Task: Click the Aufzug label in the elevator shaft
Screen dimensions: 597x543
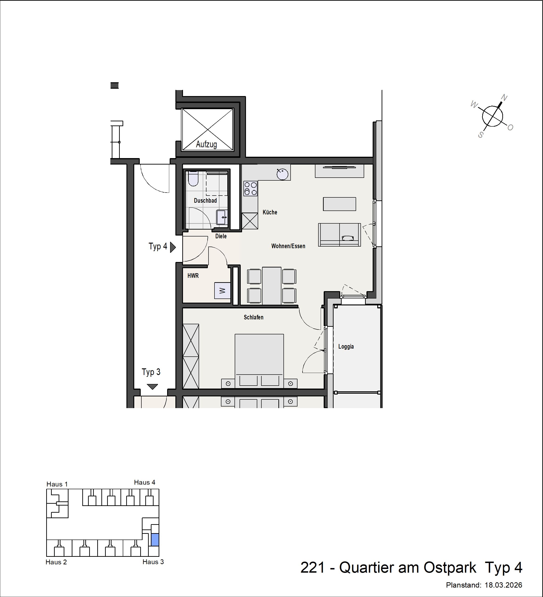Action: [x=206, y=145]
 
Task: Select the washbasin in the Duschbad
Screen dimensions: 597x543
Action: [x=221, y=217]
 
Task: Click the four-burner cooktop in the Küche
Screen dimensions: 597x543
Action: [x=250, y=189]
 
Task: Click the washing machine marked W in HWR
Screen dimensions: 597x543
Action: [x=222, y=290]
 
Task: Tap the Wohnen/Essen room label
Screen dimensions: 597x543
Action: [x=288, y=246]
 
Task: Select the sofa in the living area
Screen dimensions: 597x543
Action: [x=339, y=235]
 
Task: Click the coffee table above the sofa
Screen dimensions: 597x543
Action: [x=339, y=204]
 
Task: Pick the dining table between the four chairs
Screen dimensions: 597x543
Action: [x=271, y=286]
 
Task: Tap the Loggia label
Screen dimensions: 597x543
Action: [x=346, y=347]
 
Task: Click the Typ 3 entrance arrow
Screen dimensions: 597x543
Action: [x=152, y=387]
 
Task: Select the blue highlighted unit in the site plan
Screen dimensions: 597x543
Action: [x=155, y=540]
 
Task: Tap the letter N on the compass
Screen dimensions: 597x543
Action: [x=504, y=98]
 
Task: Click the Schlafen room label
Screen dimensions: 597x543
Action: [x=253, y=317]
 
